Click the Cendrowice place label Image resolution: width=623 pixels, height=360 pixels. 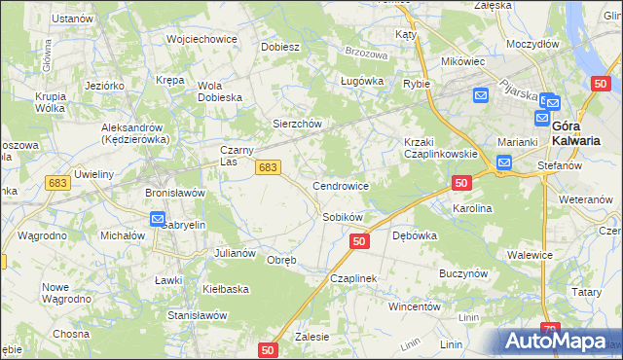[340, 185]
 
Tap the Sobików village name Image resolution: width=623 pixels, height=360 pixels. [342, 217]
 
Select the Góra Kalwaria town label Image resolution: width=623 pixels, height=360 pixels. [574, 132]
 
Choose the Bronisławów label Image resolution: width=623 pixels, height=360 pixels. [174, 193]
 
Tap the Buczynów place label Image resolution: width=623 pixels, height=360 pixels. [462, 274]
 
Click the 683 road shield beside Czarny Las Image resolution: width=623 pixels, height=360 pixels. [270, 168]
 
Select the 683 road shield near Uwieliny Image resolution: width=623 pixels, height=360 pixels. [57, 183]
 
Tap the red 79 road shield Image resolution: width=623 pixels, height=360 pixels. [551, 331]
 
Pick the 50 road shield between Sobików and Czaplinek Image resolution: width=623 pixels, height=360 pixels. [359, 240]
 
